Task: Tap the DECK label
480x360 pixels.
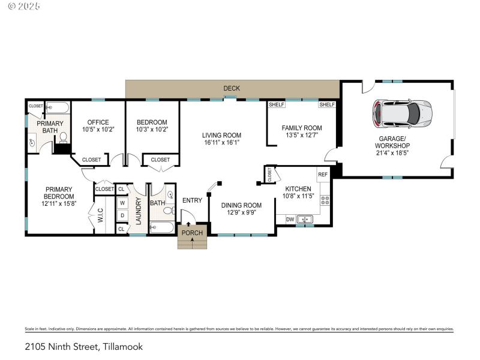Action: [232, 88]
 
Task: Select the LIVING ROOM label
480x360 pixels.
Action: [221, 135]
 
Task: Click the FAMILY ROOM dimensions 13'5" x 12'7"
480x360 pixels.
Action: [302, 136]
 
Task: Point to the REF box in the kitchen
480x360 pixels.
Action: [323, 175]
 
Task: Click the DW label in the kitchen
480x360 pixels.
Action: [290, 220]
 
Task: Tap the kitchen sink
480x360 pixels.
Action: [305, 220]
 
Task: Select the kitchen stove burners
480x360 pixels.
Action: [325, 200]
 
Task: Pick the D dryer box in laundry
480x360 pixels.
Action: [122, 215]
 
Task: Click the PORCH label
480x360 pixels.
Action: [192, 233]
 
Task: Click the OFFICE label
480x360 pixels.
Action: [98, 122]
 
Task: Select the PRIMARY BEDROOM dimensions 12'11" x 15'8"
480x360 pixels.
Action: [59, 204]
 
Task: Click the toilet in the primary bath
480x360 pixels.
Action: [62, 138]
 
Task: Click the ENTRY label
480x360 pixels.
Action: [192, 200]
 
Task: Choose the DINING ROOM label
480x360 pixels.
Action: [241, 205]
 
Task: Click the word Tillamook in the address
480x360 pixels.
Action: [123, 346]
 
